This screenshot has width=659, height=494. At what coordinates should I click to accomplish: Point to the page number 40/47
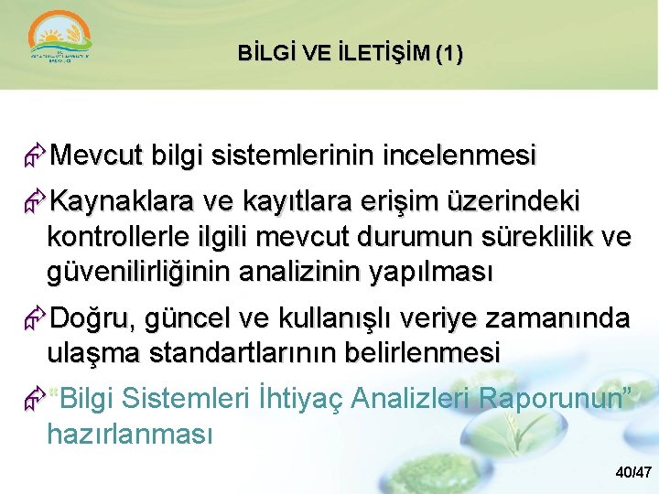[x=633, y=473]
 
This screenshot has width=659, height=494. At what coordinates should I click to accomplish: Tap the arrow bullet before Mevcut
[x=36, y=156]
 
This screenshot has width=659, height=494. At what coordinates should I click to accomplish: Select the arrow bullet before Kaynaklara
[x=36, y=201]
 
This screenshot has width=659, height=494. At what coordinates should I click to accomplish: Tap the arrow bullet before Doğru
[x=36, y=318]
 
